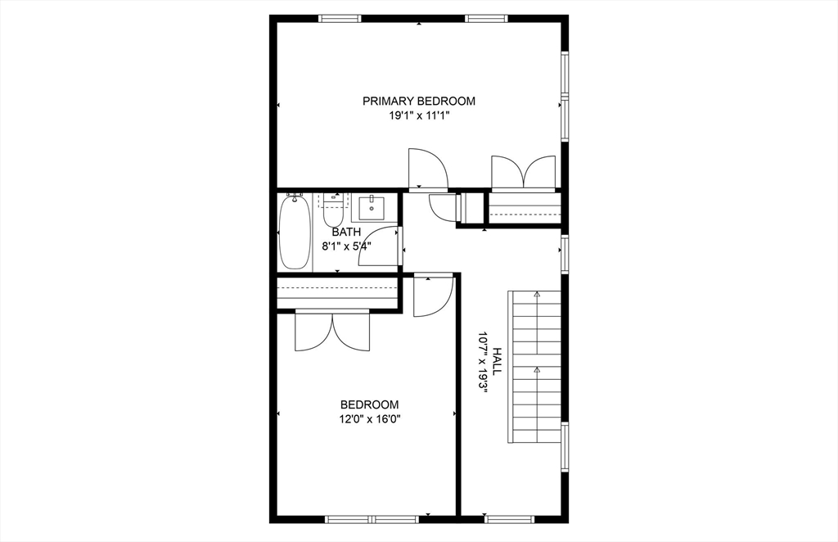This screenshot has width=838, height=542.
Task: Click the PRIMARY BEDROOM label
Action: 419,102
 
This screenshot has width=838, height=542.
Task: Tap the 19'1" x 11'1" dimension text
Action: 419,116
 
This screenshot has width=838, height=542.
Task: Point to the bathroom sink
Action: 374,208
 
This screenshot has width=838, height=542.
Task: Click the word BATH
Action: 345,233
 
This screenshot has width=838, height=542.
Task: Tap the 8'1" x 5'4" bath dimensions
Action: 345,245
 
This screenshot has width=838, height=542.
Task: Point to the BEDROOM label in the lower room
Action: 369,404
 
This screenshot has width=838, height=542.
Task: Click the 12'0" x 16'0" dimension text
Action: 369,419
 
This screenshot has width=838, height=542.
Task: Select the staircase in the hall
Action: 535,366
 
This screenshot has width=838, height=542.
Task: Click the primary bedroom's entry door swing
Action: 427,169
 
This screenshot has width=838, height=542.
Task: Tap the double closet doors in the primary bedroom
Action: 524,173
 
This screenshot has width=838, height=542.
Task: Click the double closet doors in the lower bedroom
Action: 332,331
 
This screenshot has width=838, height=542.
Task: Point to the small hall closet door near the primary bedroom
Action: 443,208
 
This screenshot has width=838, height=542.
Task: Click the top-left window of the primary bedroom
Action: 340,18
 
